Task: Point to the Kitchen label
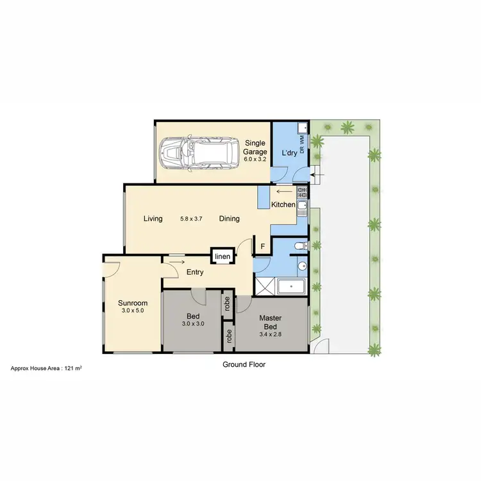pyautogui.click(x=283, y=205)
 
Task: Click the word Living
pyautogui.click(x=153, y=219)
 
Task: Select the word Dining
pyautogui.click(x=229, y=219)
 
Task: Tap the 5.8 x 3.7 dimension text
pyautogui.click(x=191, y=219)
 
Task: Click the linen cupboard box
pyautogui.click(x=222, y=257)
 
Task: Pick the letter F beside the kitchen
pyautogui.click(x=262, y=246)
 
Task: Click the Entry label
pyautogui.click(x=195, y=273)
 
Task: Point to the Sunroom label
pyautogui.click(x=133, y=303)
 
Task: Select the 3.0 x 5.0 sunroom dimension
pyautogui.click(x=133, y=312)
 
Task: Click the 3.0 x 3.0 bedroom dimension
pyautogui.click(x=194, y=324)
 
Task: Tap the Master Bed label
pyautogui.click(x=271, y=322)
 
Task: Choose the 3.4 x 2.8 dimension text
pyautogui.click(x=271, y=334)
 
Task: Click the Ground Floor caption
pyautogui.click(x=244, y=364)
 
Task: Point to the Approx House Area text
pyautogui.click(x=49, y=369)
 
